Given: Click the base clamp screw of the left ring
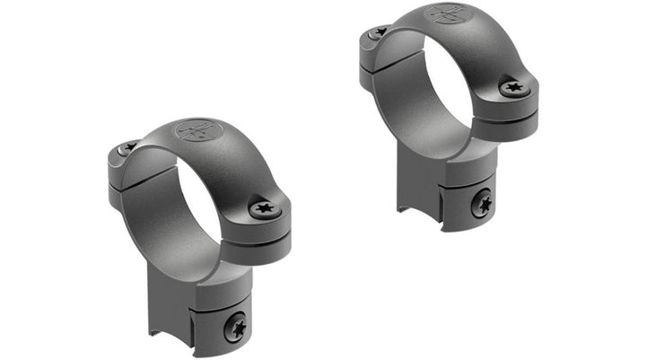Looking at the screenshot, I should click(x=234, y=328).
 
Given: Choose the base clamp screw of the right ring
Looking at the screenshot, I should click(x=483, y=202).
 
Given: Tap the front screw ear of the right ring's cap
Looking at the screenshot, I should click(x=516, y=90).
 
